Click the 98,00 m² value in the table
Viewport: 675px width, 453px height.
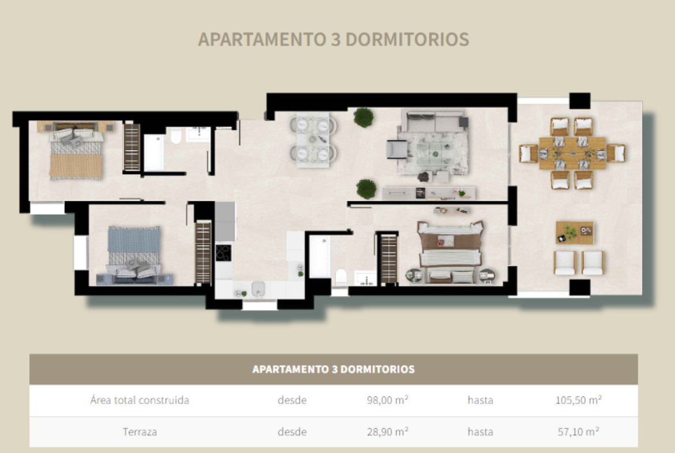pos(388,400)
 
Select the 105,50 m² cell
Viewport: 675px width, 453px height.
pos(578,400)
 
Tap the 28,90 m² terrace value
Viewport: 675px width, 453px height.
pos(388,432)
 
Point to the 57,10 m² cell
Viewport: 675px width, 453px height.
pos(578,432)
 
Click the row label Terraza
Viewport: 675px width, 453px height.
pos(140,432)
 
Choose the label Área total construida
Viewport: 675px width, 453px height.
pos(140,400)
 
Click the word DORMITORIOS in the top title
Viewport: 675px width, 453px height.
pos(407,39)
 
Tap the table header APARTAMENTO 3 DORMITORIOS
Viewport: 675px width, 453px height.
pos(333,369)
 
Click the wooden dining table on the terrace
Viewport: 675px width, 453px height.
pos(572,154)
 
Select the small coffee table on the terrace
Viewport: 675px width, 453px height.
pos(575,233)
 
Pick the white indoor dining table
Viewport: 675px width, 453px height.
pos(313,140)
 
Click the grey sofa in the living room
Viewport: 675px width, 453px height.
pos(434,121)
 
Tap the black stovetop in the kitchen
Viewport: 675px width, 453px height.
pos(223,253)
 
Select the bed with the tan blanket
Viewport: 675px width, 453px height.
pos(76,154)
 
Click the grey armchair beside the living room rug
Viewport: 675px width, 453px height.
pos(397,149)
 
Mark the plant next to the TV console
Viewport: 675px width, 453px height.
pos(366,189)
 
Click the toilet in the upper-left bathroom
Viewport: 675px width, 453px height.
pos(176,136)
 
